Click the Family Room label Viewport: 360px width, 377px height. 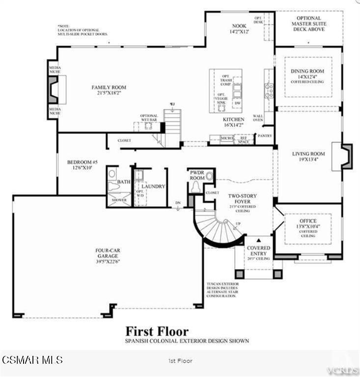[x=109, y=87]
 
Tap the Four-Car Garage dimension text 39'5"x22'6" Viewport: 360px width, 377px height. [x=108, y=261]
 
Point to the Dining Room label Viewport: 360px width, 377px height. [x=308, y=71]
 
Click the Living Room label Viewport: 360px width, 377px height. [x=308, y=154]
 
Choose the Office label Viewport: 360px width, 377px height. [x=308, y=221]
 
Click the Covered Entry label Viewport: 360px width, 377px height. [x=258, y=251]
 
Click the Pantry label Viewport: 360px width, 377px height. [x=264, y=135]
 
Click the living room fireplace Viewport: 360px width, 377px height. [x=346, y=157]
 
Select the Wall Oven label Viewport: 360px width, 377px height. [x=258, y=117]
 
